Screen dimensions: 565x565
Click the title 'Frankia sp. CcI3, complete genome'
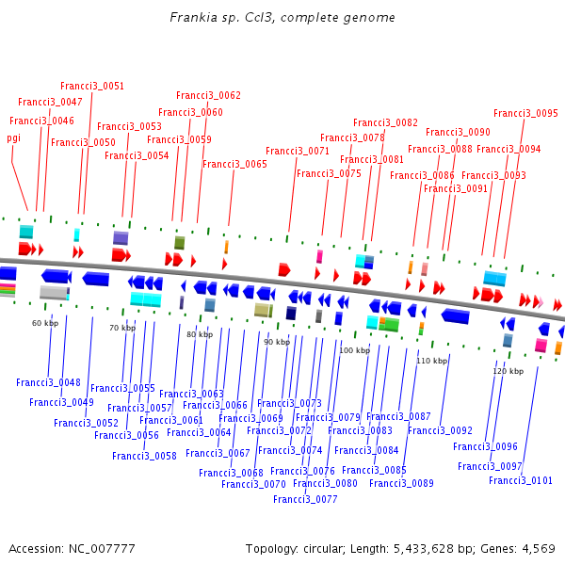tap(282, 18)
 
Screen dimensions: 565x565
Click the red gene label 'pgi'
tap(14, 137)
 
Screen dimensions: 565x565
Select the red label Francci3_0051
tap(92, 87)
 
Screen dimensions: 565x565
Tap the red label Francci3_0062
tap(208, 96)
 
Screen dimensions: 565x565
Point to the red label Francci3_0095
tap(525, 114)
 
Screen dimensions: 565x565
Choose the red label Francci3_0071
tap(298, 152)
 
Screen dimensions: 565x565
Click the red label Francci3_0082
tap(385, 123)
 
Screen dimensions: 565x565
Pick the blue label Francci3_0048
tap(48, 383)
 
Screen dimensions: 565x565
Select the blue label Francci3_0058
tap(144, 457)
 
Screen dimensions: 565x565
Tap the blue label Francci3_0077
tap(305, 500)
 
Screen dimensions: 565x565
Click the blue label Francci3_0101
tap(521, 481)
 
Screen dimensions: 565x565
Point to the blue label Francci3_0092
tap(440, 431)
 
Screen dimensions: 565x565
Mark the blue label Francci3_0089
tap(401, 484)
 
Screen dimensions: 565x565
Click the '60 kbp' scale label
tap(45, 324)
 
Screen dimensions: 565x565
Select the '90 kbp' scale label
tap(277, 343)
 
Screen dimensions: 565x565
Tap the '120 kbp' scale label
tap(508, 372)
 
